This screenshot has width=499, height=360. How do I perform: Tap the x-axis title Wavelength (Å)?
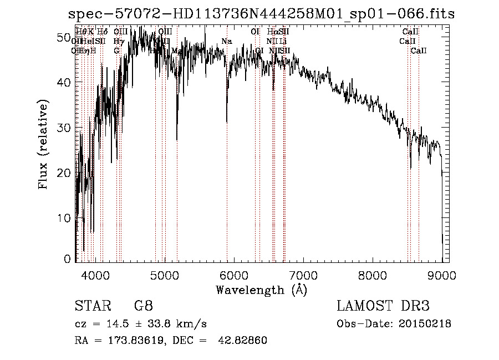[x=261, y=290]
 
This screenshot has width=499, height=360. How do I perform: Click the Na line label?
[x=226, y=42]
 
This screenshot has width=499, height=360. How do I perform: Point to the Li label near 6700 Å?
[x=283, y=42]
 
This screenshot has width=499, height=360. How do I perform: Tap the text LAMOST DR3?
[x=383, y=306]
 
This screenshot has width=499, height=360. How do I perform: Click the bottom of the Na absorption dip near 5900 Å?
[x=227, y=122]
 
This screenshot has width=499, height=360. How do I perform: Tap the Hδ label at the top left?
[x=102, y=32]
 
